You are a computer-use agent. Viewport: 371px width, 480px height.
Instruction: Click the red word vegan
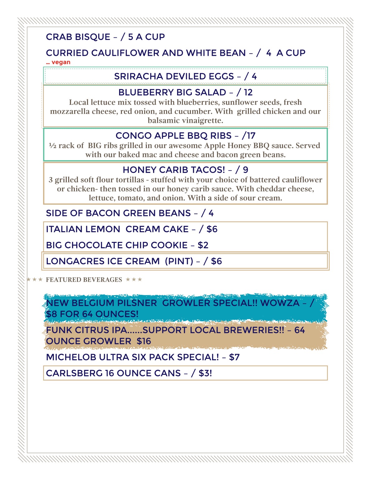tap(61, 62)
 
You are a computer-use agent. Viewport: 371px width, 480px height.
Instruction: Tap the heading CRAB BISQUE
tap(78, 37)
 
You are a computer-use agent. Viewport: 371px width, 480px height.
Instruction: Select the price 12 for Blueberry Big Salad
tap(248, 92)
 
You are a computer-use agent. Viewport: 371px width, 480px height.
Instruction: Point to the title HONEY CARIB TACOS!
tap(174, 170)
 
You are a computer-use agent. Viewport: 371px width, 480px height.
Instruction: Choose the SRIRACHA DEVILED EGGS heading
tap(174, 76)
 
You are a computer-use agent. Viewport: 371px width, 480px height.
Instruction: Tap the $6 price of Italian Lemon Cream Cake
tap(212, 229)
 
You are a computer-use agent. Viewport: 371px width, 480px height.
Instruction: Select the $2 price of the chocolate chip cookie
tap(203, 245)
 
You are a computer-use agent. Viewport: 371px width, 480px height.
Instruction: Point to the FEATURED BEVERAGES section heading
tap(84, 280)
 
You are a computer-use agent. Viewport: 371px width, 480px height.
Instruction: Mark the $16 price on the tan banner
tap(144, 341)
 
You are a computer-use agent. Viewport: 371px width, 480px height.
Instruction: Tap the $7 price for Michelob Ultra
tap(234, 357)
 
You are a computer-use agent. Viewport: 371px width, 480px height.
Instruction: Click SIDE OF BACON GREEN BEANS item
tap(118, 213)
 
